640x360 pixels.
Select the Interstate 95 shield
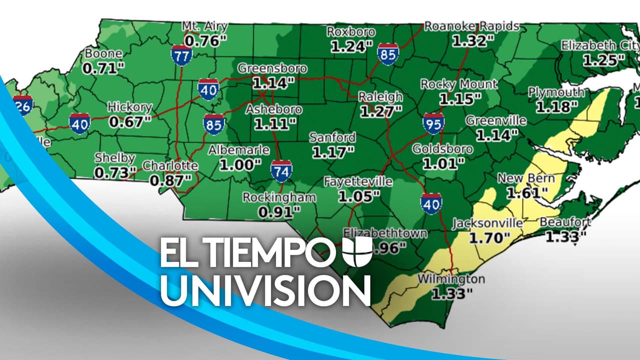tap(432, 122)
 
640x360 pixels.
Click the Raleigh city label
tap(380, 96)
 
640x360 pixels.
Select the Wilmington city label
tap(450, 278)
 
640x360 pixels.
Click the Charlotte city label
tap(170, 165)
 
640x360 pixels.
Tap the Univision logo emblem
tap(357, 252)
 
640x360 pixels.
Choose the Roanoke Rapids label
tap(471, 26)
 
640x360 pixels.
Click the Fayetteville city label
tap(357, 182)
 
